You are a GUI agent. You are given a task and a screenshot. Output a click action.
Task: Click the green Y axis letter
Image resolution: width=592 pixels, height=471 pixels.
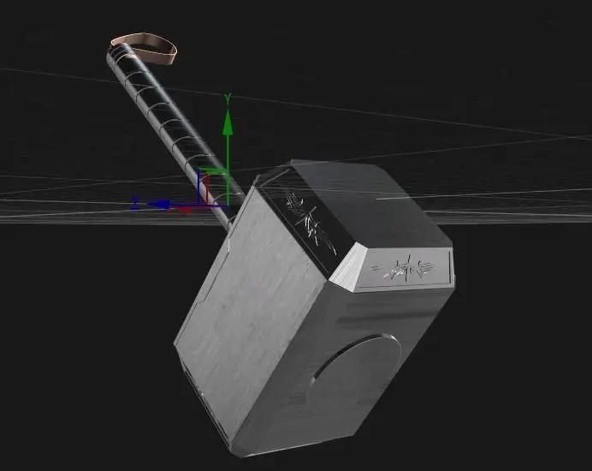click(228, 99)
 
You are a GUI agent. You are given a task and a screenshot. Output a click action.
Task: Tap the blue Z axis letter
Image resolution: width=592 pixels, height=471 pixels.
click(135, 204)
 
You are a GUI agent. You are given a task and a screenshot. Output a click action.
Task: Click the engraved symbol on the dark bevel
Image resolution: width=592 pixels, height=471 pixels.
click(307, 222)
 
